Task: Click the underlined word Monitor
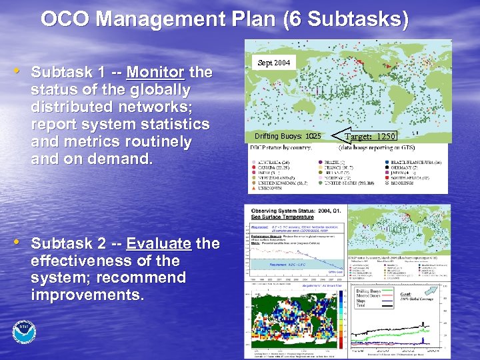click(x=155, y=71)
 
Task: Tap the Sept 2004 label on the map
click(x=273, y=63)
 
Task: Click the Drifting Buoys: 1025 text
click(x=287, y=137)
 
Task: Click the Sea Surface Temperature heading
click(x=282, y=217)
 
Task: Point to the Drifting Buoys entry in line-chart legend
click(x=371, y=291)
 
